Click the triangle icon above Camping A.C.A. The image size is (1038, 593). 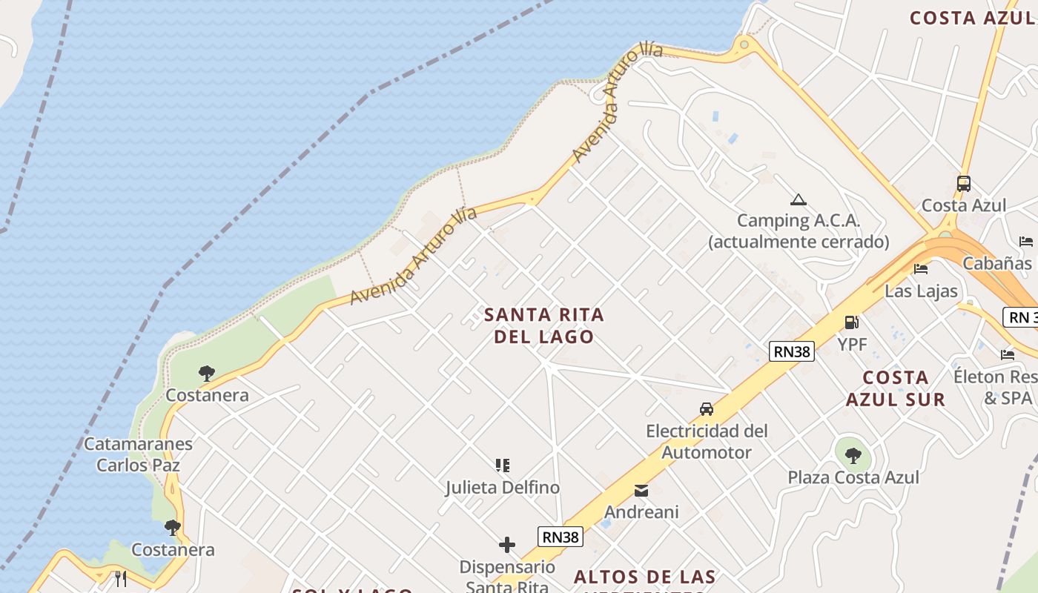(798, 199)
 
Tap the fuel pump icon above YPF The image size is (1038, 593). (852, 322)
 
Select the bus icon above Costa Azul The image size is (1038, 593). (963, 183)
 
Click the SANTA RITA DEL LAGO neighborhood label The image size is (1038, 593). (544, 325)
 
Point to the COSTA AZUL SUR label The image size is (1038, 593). (896, 388)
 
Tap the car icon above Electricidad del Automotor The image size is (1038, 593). (707, 409)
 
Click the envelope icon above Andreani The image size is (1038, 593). (641, 491)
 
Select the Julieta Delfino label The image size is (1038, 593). (503, 488)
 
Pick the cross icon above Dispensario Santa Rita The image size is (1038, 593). (507, 546)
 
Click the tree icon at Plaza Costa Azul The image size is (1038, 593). (853, 455)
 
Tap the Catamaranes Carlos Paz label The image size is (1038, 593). (138, 454)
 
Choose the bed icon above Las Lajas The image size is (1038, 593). (921, 269)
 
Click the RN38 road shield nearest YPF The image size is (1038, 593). (792, 351)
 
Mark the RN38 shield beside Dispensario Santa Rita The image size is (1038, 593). (561, 537)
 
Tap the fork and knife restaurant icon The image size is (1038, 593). (121, 578)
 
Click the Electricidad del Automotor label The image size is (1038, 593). (707, 442)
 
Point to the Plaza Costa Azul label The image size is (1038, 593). (853, 477)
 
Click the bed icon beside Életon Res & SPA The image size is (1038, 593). (1008, 355)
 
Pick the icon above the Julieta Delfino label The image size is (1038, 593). (503, 466)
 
